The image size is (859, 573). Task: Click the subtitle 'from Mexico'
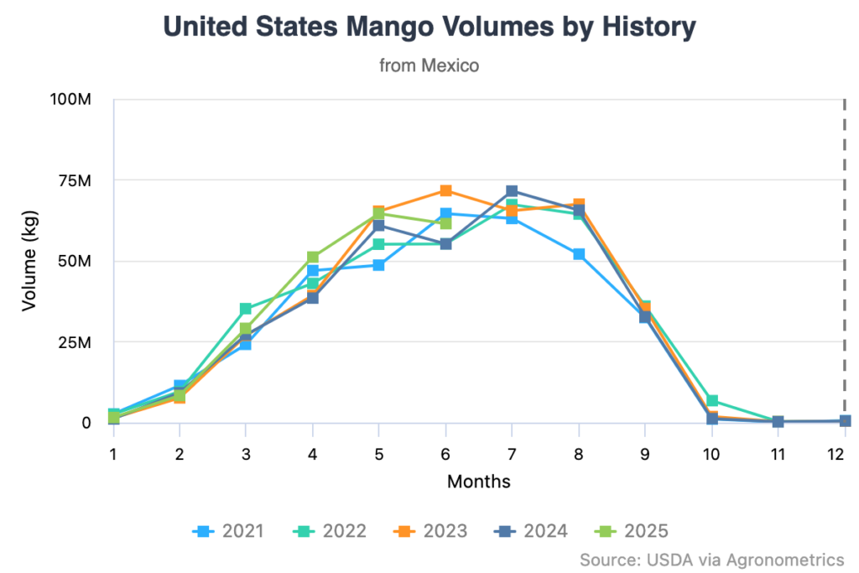(x=429, y=65)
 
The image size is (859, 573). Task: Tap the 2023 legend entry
(x=430, y=530)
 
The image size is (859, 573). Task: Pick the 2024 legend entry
(x=531, y=530)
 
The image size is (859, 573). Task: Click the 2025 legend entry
(x=632, y=530)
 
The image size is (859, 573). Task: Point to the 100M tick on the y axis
(x=70, y=100)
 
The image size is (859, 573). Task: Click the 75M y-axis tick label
(x=74, y=180)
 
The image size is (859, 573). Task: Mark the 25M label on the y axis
(x=74, y=342)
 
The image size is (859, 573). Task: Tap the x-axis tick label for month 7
(x=512, y=453)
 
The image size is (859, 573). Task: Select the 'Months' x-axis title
(x=478, y=482)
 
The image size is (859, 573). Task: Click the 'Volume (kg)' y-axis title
(x=29, y=261)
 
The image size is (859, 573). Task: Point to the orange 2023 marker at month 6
(x=445, y=191)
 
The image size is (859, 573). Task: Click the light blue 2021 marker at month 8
(x=579, y=254)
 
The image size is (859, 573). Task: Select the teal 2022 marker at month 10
(x=712, y=401)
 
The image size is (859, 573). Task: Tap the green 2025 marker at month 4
(x=313, y=258)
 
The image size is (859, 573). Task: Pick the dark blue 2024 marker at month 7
(x=512, y=192)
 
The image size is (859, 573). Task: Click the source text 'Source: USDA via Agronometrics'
(x=711, y=559)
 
